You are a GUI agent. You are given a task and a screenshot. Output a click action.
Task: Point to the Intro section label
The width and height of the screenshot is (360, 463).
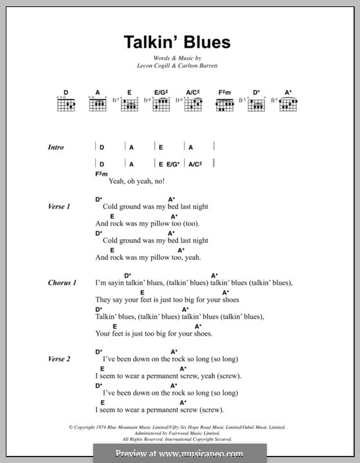coord(56,147)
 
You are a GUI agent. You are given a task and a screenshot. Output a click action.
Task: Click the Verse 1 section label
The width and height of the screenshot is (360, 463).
coord(59,206)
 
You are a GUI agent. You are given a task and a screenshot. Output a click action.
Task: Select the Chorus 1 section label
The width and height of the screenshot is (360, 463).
coord(62,282)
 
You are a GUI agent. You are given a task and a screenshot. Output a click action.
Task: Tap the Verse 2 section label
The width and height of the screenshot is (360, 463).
coord(59,359)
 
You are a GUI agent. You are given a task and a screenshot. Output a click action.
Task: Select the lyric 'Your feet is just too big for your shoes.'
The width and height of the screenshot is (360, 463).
coord(154,334)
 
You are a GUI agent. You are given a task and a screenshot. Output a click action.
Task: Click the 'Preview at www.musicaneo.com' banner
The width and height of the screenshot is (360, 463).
coord(180,453)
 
